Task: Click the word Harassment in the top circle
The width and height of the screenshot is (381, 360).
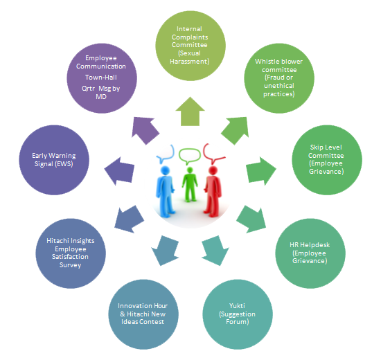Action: pos(189,62)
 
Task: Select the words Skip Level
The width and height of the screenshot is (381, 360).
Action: pos(326,147)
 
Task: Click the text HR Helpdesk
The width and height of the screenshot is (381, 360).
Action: pos(310,245)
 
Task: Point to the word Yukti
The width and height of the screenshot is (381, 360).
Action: pos(237,305)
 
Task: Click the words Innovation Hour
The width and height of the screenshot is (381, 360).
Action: pos(143,305)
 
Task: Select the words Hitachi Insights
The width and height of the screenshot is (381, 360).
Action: pos(71,241)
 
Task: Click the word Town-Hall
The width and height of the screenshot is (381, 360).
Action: pos(101,78)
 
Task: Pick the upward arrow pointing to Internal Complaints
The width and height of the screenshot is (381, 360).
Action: pos(190,111)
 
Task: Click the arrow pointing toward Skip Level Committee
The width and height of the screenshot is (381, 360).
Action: pos(261,171)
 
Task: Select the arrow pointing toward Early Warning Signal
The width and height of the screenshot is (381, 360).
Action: pos(119,171)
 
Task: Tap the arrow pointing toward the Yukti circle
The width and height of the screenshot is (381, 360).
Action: pos(215,251)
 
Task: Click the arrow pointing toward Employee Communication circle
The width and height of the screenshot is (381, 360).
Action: pos(145,131)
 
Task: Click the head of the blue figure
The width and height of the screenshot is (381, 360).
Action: pos(166,170)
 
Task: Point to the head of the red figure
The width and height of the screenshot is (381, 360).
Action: pos(213,170)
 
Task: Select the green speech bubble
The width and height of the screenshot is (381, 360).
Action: pos(190,156)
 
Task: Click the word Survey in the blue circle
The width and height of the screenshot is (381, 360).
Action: pos(70,265)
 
